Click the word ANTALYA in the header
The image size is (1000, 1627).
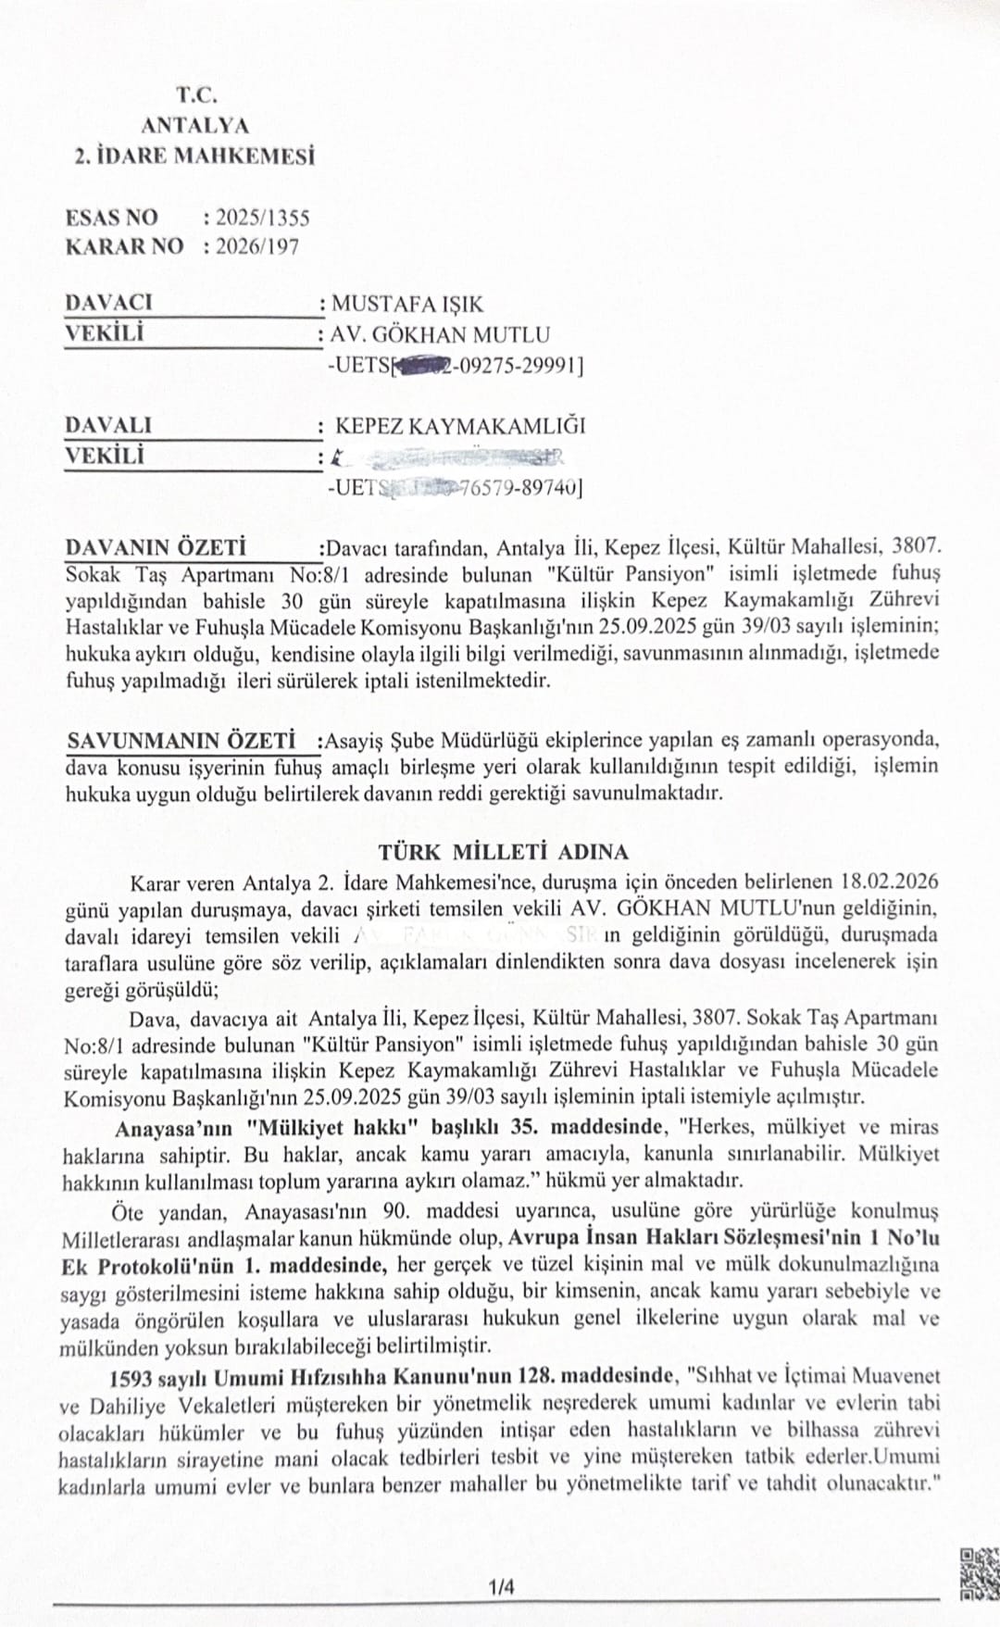195,125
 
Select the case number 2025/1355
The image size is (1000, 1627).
263,218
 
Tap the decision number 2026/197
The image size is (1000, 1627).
256,246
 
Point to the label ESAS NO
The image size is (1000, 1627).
112,218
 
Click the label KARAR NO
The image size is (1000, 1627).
124,246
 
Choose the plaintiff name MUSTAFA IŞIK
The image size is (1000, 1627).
407,304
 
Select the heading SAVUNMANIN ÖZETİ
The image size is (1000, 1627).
181,741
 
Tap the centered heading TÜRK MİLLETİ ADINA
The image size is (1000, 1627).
504,851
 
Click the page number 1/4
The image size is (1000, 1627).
503,1586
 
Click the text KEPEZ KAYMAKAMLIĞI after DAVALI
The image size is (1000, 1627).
460,426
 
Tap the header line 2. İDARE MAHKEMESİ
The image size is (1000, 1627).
194,155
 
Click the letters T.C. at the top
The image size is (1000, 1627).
196,94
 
